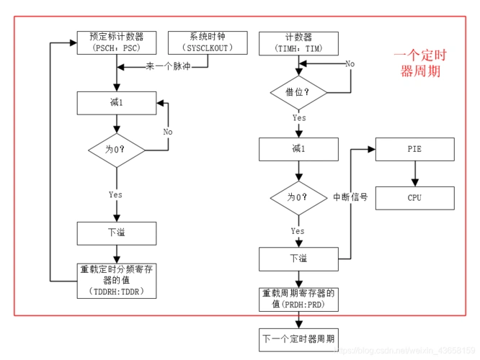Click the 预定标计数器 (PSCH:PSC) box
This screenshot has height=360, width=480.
[x=116, y=42]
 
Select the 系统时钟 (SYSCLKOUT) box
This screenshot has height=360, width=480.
[x=208, y=42]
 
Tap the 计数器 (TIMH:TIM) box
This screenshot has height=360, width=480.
[x=298, y=42]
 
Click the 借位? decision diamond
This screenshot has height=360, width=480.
[x=298, y=92]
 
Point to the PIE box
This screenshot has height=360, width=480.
[x=414, y=149]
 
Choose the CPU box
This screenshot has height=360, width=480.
[x=414, y=197]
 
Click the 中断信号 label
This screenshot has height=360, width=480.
[x=350, y=197]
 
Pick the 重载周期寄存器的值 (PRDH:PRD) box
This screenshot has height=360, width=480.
[x=298, y=299]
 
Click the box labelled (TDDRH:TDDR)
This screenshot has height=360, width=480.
[x=116, y=280]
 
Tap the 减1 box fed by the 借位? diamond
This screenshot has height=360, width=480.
[x=298, y=149]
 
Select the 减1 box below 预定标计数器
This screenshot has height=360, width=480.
[x=116, y=102]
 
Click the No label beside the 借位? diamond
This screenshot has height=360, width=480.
[x=350, y=64]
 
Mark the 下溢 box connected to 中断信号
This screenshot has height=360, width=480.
[x=298, y=257]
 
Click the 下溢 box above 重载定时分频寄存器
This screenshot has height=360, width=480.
[x=116, y=233]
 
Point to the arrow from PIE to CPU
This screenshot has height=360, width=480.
[x=414, y=174]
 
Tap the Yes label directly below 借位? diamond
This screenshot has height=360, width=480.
[x=298, y=117]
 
